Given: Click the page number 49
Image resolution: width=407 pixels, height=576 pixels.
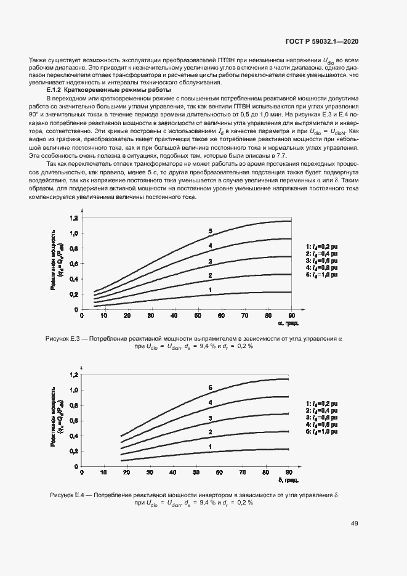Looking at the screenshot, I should click(x=355, y=524).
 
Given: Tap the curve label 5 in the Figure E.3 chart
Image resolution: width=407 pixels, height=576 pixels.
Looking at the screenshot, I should click(x=210, y=231).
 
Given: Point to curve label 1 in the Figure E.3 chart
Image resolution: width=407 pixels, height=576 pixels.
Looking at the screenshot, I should click(x=210, y=290).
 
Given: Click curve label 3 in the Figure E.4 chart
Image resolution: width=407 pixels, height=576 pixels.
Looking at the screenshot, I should click(x=210, y=419).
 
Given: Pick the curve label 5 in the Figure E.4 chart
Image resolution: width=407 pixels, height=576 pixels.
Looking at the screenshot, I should click(x=210, y=387).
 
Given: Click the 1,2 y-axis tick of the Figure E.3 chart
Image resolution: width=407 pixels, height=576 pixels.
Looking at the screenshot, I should click(x=74, y=218).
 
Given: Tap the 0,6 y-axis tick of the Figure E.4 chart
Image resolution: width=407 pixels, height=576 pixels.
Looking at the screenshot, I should click(x=74, y=421).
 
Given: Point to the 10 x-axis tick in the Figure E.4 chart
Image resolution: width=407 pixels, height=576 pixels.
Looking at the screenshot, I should click(x=102, y=473).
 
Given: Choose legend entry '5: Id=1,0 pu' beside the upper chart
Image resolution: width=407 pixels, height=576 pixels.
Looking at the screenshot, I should click(x=323, y=275).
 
